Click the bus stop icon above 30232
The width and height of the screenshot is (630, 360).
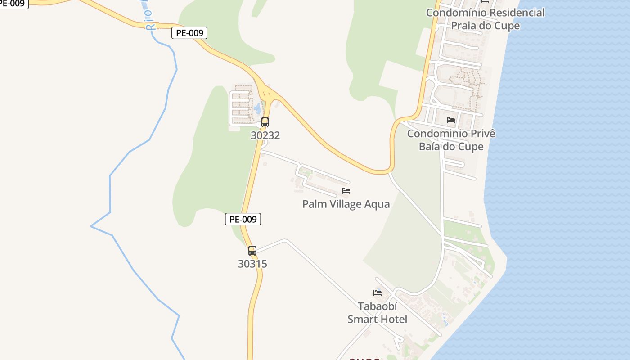coord(265,122)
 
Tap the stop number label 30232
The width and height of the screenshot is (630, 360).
coord(265,135)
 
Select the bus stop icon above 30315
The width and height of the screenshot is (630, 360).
coord(252,251)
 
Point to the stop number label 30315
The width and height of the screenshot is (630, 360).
coord(252,264)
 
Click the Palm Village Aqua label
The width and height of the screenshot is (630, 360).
coord(346,204)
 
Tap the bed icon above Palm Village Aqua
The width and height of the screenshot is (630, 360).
coord(346,191)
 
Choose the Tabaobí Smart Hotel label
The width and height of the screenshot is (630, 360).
coord(377,313)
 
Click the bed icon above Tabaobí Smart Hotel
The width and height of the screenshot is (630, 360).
coord(378,292)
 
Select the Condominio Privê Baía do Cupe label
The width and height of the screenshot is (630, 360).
coord(451,140)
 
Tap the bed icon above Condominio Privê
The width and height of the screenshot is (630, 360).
coord(451,120)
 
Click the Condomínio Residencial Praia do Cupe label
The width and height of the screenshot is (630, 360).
coord(485,19)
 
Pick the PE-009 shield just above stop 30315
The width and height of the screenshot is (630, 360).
coord(243,219)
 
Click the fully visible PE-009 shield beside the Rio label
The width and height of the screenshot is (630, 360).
coord(189,33)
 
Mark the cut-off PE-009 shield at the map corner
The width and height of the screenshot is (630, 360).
coord(13,4)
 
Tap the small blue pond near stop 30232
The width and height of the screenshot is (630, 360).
coord(257,108)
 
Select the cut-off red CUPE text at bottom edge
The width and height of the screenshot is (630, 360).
coord(364,359)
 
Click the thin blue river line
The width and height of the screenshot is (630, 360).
coord(110,189)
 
